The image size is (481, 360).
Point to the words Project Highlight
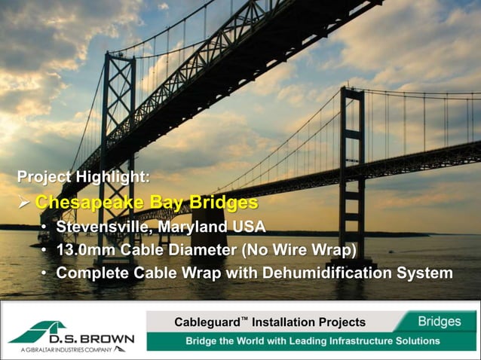point(83,178)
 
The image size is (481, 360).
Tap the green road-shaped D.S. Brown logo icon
point(41,332)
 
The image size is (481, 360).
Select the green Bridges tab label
point(439,322)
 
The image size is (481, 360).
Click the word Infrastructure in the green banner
point(349,340)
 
